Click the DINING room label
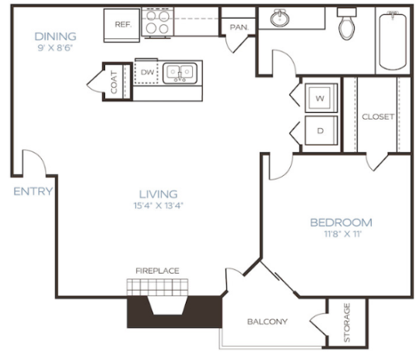click(x=54, y=36)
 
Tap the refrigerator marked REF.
click(x=123, y=24)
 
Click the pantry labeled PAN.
click(x=238, y=27)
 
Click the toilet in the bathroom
click(x=346, y=23)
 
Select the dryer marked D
click(x=320, y=130)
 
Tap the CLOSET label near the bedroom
click(x=378, y=117)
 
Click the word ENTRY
click(x=33, y=191)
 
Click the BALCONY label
click(x=268, y=321)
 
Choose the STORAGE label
click(x=346, y=321)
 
